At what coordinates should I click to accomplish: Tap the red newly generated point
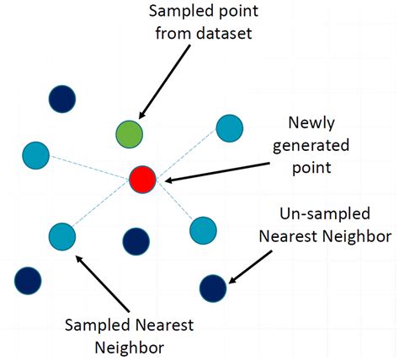(x=143, y=178)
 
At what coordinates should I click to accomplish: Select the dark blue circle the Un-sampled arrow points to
(x=213, y=288)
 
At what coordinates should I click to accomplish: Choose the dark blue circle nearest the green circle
(x=61, y=97)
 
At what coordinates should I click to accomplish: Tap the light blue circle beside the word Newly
(x=229, y=127)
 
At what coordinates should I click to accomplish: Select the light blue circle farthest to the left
(x=35, y=155)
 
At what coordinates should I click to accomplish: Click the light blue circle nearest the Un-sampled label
(x=203, y=229)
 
